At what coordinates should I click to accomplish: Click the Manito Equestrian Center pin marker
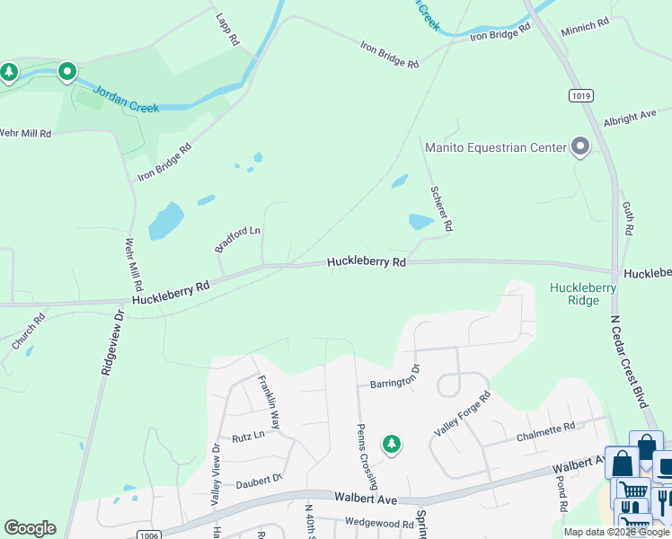[580, 146]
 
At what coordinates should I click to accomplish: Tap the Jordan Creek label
[126, 100]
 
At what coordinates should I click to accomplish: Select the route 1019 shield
[579, 94]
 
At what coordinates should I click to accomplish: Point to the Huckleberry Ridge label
[583, 294]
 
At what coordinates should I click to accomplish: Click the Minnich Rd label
[585, 29]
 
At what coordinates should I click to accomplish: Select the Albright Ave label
[630, 118]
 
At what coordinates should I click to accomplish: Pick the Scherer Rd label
[440, 208]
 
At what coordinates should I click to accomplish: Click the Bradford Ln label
[237, 238]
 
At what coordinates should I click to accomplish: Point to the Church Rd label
[27, 331]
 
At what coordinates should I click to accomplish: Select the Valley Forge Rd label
[463, 414]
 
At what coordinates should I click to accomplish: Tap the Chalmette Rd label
[545, 432]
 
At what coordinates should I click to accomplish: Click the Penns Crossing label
[367, 457]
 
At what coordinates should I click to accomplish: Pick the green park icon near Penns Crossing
[391, 443]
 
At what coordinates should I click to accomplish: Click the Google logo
[30, 528]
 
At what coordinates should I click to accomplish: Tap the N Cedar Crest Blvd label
[629, 358]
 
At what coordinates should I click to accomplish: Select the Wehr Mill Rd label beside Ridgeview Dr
[134, 259]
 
